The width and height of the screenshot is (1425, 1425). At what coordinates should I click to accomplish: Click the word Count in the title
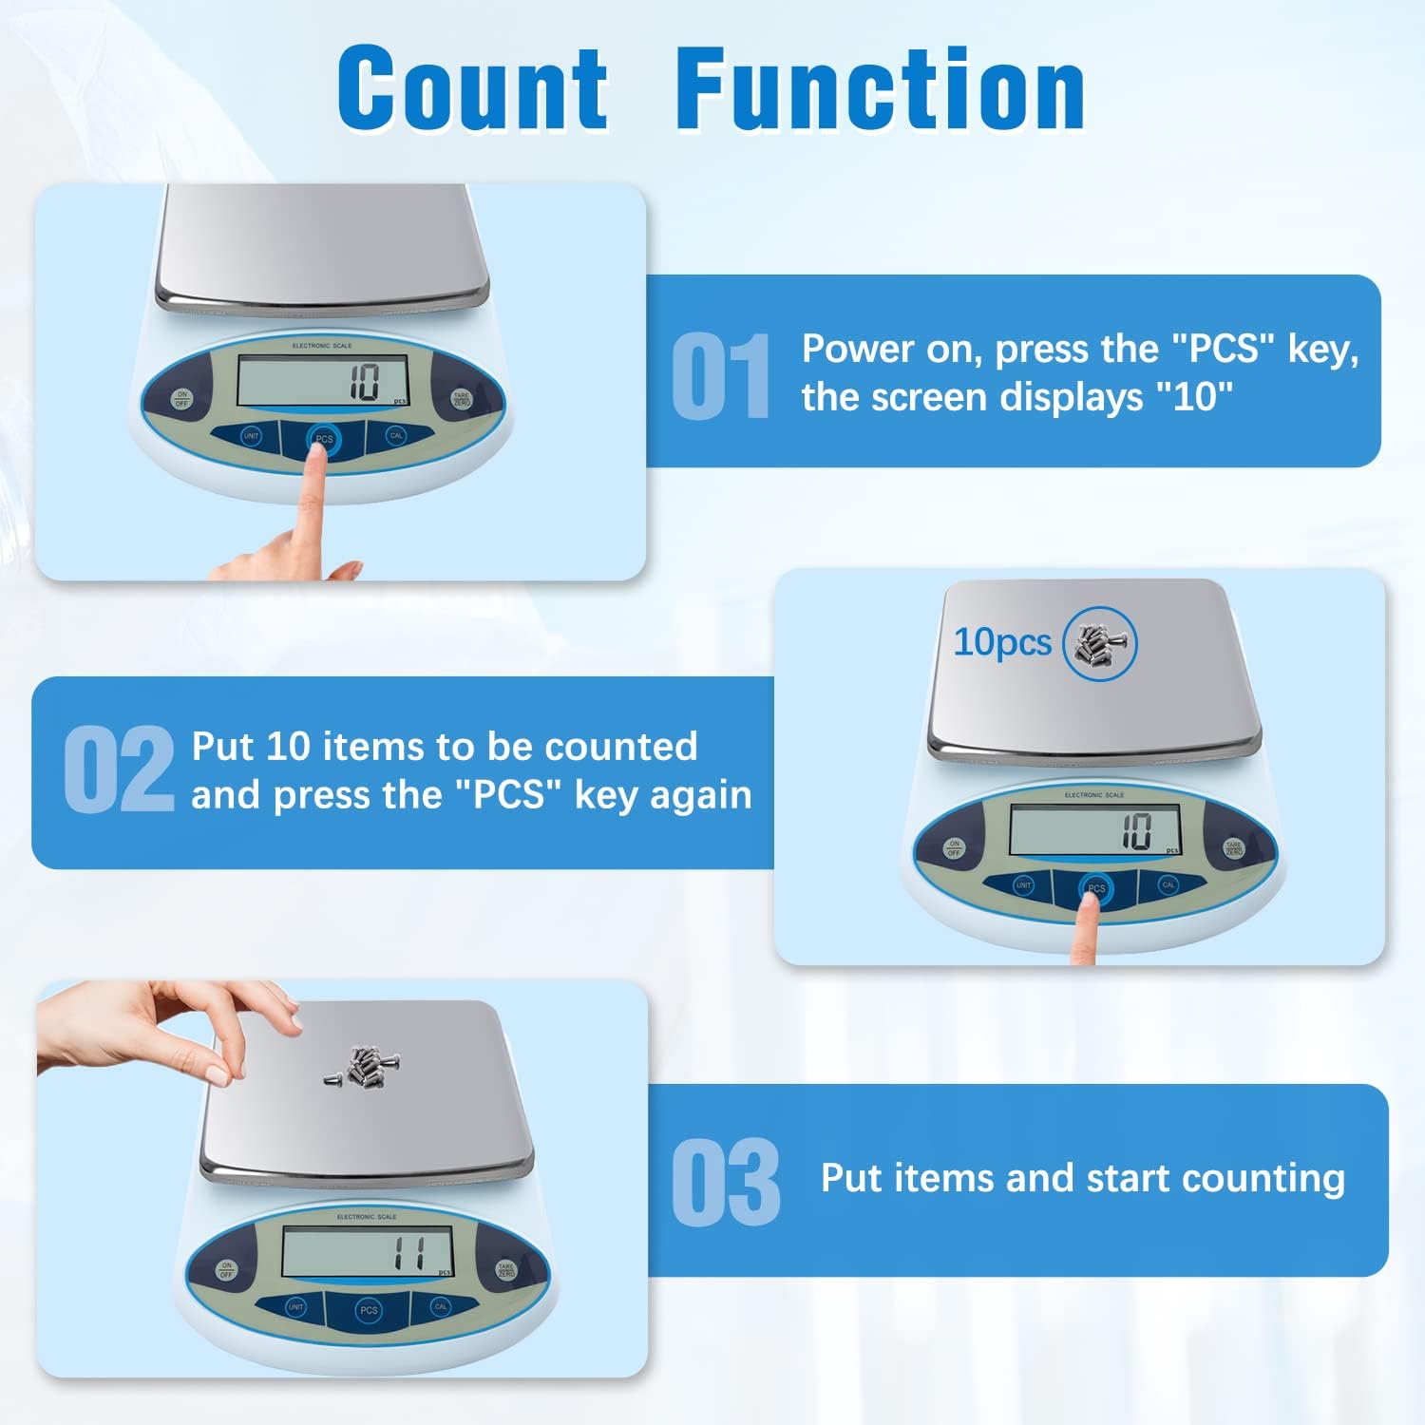tap(472, 88)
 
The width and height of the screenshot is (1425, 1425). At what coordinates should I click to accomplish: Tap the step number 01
tap(721, 376)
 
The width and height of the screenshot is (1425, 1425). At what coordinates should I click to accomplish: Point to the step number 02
tap(119, 769)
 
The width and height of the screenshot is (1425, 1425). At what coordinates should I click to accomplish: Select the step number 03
tap(726, 1183)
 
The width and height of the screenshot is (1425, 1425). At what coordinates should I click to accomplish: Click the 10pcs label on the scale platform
tap(1002, 642)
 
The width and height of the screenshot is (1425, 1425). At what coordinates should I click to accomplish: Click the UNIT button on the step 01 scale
tap(251, 436)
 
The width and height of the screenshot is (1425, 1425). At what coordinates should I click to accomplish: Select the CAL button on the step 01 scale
tap(396, 436)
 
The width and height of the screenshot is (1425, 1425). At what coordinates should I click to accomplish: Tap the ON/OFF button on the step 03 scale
tap(226, 1269)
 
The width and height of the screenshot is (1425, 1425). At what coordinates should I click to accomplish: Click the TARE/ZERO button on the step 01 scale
tap(462, 398)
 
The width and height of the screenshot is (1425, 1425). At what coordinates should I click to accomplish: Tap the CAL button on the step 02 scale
tap(1168, 884)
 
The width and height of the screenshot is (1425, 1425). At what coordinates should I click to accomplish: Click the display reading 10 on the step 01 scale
tap(365, 382)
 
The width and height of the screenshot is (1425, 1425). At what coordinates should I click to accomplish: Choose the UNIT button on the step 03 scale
tap(295, 1307)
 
